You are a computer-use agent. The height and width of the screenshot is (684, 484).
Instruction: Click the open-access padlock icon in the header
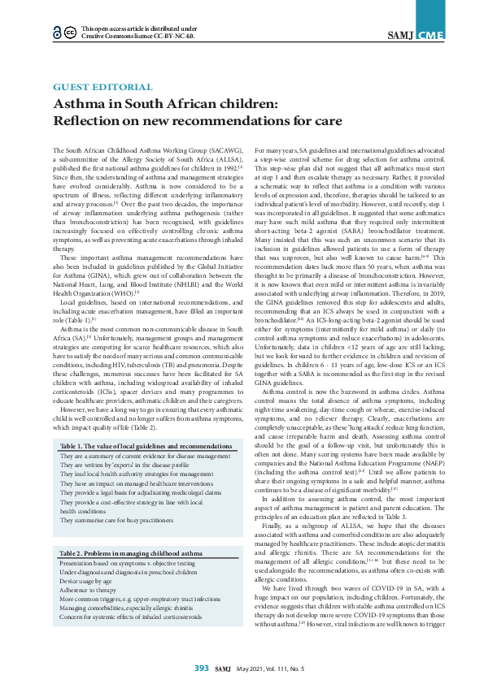pyautogui.click(x=56, y=32)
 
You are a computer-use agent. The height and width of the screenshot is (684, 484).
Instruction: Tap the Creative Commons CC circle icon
pyautogui.click(x=71, y=32)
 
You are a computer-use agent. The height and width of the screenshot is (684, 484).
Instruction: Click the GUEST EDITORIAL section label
pyautogui.click(x=102, y=87)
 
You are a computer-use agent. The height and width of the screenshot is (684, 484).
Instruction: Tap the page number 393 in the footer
pyautogui.click(x=201, y=668)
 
